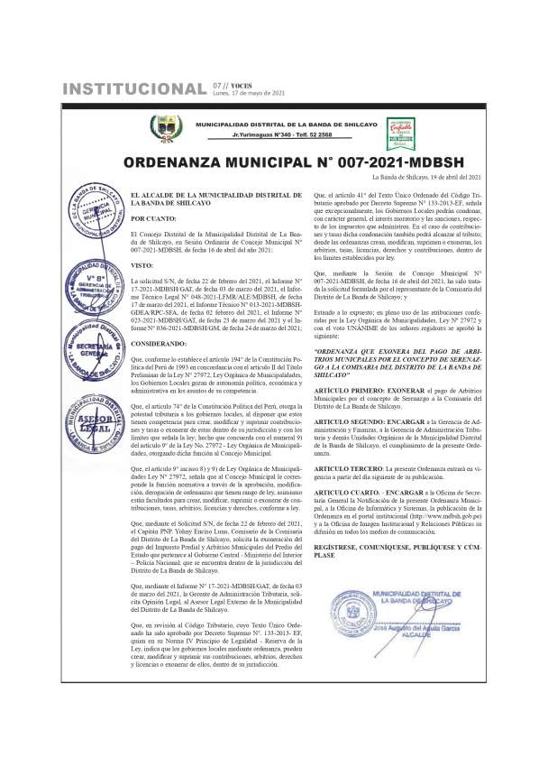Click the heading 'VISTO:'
[x=142, y=266]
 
